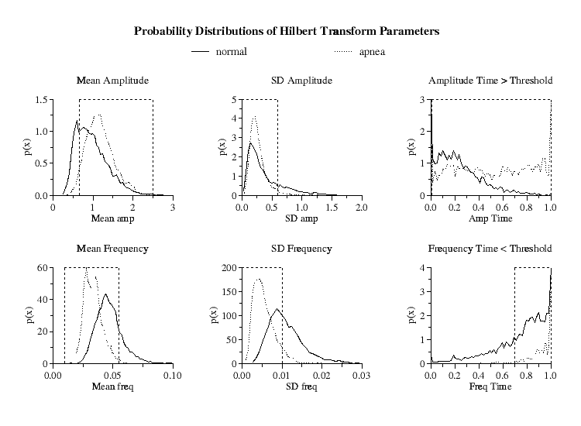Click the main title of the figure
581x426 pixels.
[287, 32]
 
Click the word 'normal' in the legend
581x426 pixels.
[231, 52]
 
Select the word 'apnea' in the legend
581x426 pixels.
[371, 52]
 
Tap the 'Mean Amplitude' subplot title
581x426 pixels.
[112, 81]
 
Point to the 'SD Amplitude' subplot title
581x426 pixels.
[301, 81]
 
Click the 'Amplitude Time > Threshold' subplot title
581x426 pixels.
[490, 81]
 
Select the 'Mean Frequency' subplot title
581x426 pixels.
[112, 249]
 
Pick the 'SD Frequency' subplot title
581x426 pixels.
[301, 249]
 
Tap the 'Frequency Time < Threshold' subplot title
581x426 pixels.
[490, 249]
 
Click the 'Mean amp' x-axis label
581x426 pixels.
[112, 219]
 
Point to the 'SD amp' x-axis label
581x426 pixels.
[301, 219]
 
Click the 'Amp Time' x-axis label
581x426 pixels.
[490, 219]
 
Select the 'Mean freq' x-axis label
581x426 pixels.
[112, 386]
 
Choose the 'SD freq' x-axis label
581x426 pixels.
[301, 386]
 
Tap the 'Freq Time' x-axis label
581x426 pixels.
[490, 386]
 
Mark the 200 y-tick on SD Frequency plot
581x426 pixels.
[229, 268]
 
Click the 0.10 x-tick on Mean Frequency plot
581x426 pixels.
[173, 375]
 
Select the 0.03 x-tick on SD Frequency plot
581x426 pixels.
[362, 375]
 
